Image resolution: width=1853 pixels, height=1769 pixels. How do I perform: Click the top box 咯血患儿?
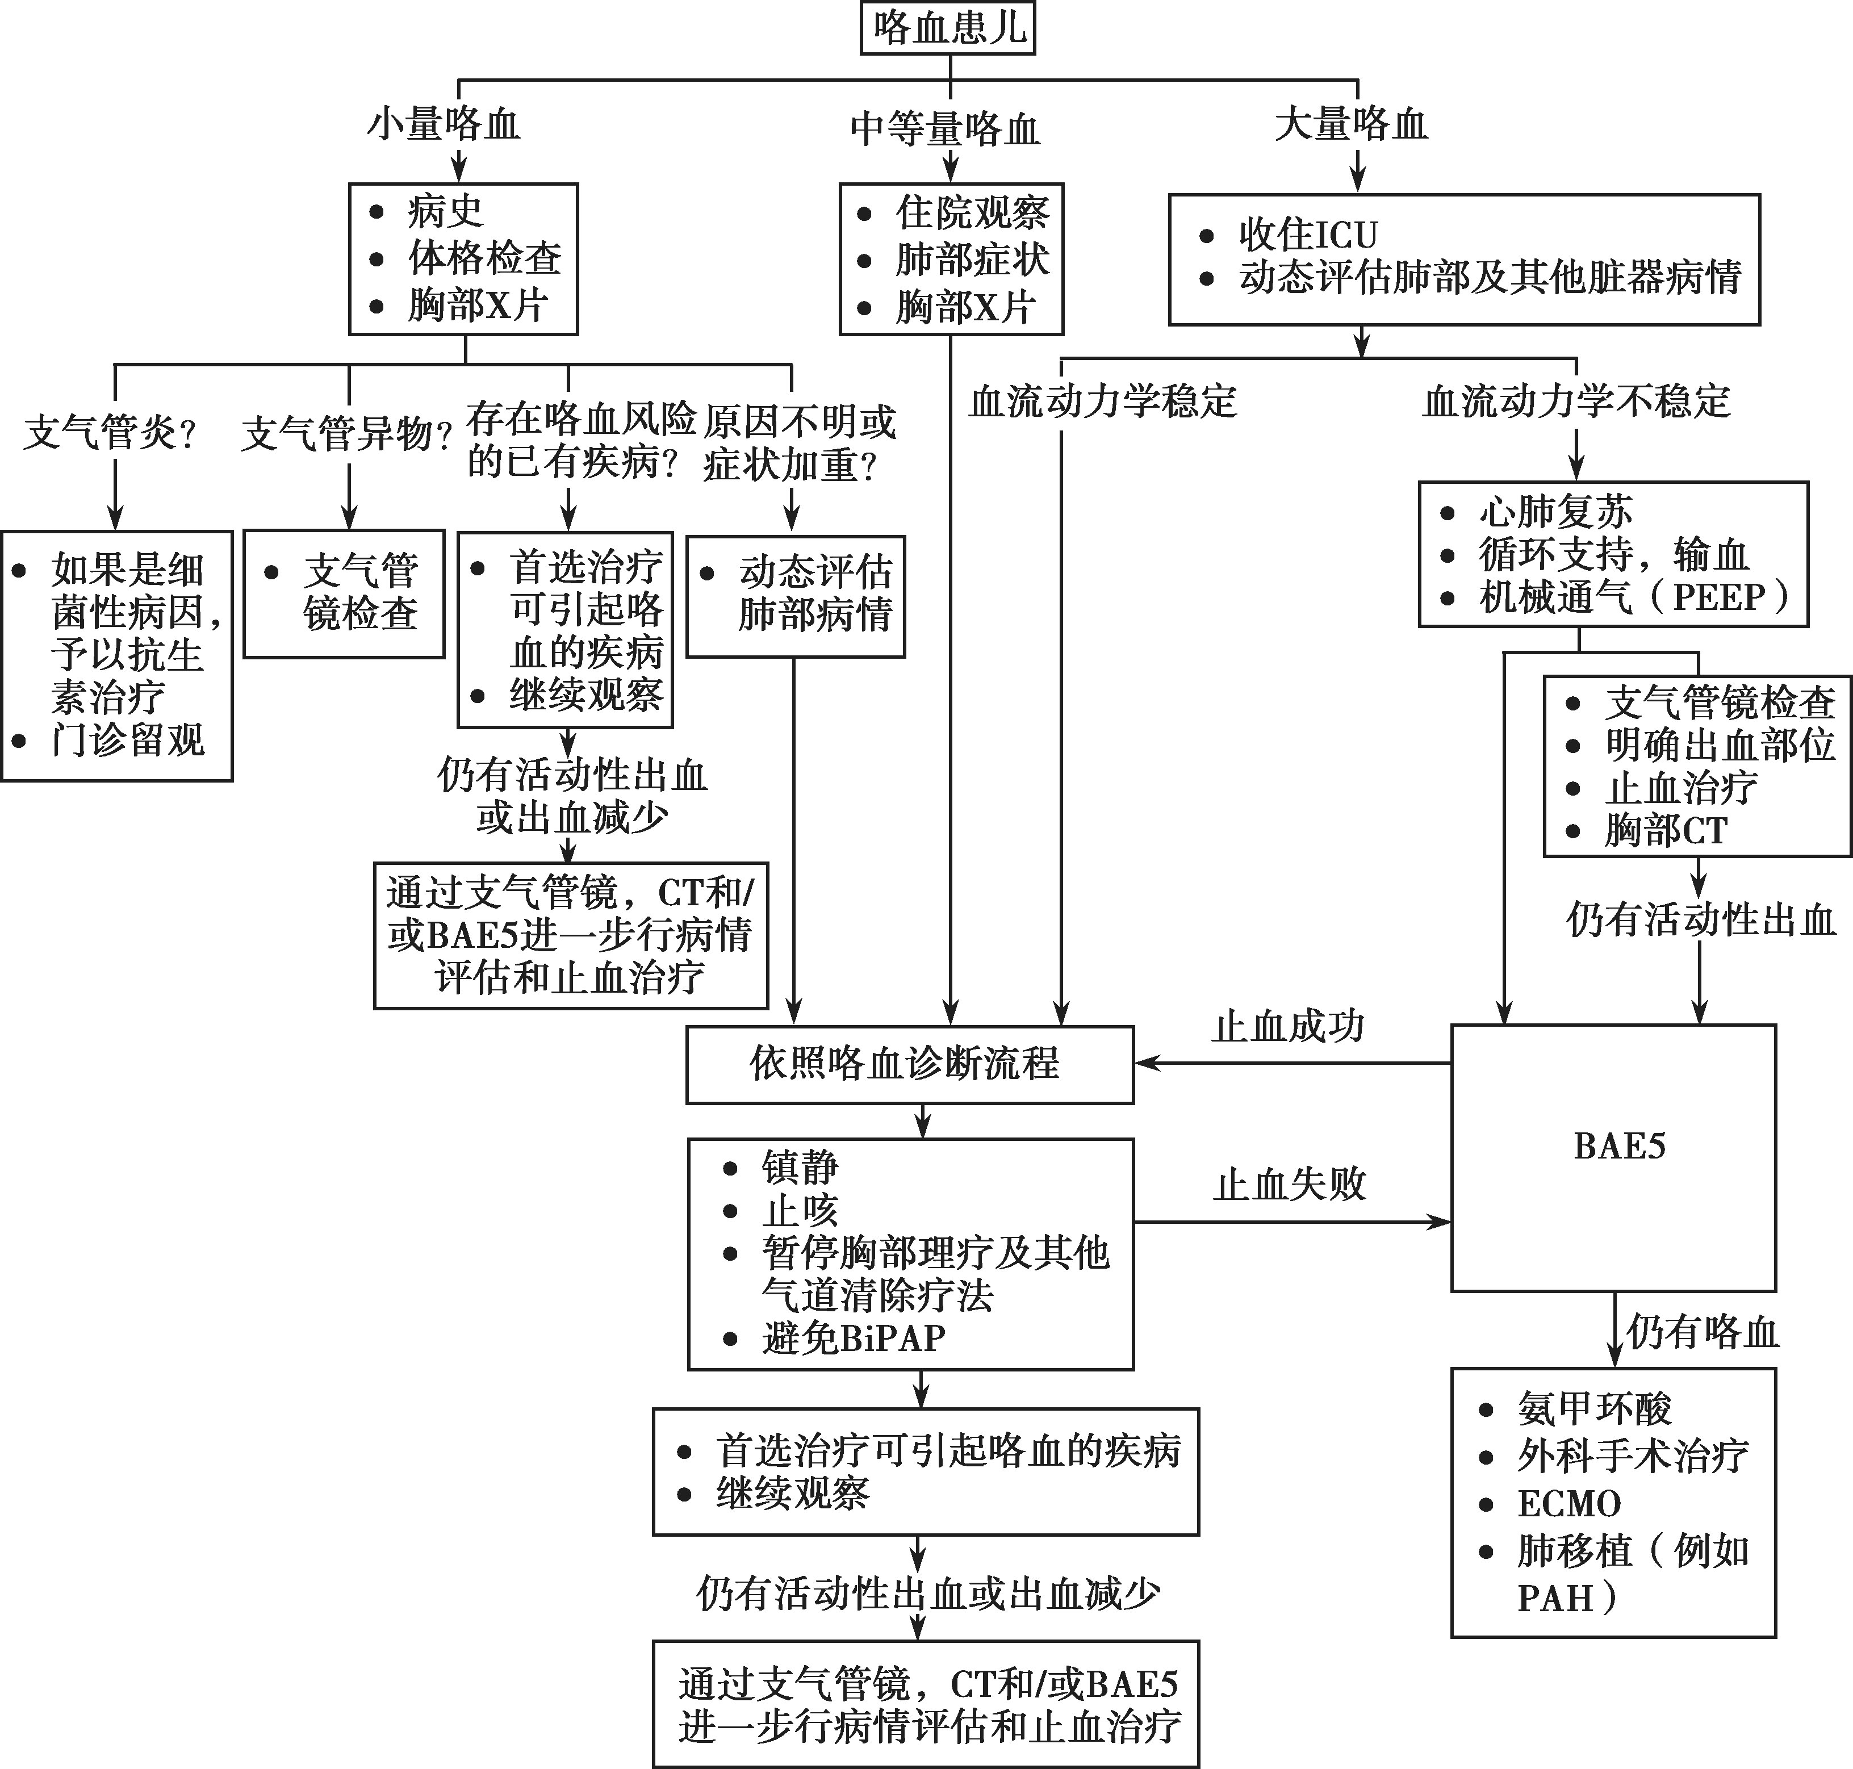pos(949,28)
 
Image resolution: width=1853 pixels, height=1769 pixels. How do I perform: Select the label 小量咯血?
pos(443,124)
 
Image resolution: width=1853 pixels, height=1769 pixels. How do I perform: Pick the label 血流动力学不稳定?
pos(1576,401)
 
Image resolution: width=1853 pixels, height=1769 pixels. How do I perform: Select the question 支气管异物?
pos(346,434)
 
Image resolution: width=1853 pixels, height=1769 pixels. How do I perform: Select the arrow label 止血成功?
pos(1288,1026)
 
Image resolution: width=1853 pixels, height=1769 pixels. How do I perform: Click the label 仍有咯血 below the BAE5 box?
pos(1702,1332)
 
